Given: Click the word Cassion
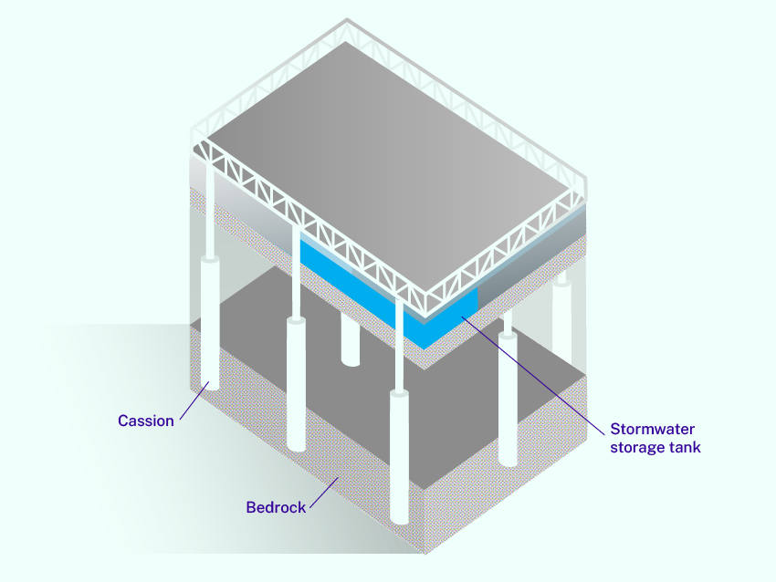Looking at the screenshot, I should point(146,421).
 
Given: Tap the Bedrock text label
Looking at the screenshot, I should point(276,507).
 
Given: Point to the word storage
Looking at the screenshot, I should point(633,447).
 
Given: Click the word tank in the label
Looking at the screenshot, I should point(685,447).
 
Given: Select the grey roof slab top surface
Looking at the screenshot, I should point(393,164).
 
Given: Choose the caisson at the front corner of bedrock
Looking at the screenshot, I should point(399,456).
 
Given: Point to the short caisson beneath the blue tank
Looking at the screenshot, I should point(350,338).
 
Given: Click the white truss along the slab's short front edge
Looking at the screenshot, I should point(511,265).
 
